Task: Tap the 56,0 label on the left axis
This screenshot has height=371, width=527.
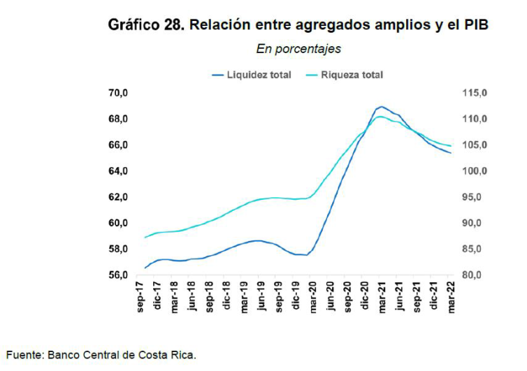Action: (117, 275)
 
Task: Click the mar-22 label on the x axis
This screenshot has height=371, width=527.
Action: (451, 297)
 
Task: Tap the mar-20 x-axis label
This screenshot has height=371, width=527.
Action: (313, 297)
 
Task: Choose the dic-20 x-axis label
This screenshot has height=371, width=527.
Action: (365, 297)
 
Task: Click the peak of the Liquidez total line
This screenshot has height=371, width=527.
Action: (381, 107)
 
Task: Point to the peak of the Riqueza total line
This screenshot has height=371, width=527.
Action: (380, 117)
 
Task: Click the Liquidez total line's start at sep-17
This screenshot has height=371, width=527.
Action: (145, 268)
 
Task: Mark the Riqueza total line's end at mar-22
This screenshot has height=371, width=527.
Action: (452, 146)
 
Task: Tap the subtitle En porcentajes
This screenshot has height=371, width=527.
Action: (298, 49)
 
